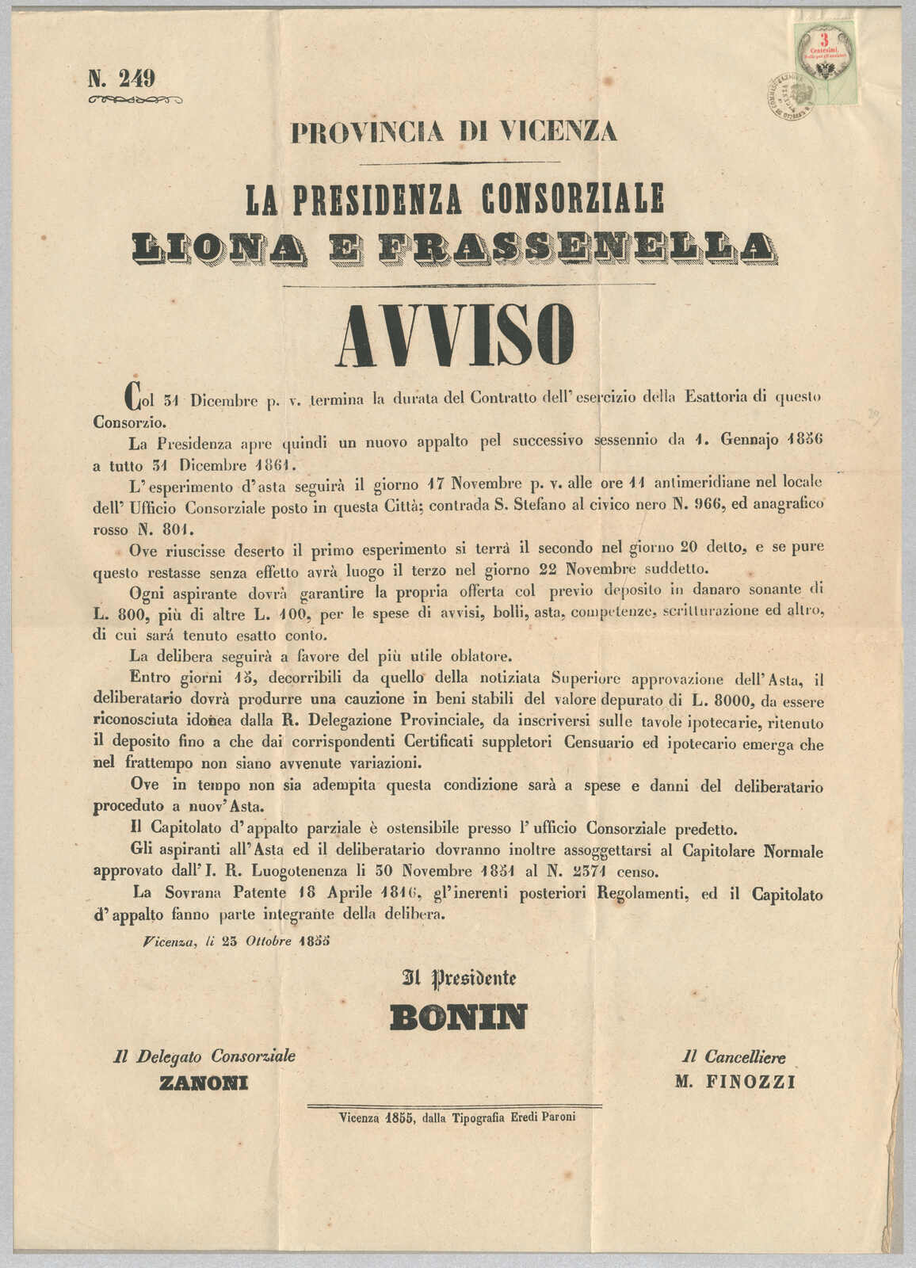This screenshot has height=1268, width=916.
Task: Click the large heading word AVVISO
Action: point(456,334)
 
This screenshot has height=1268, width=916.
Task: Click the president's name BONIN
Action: point(457,1017)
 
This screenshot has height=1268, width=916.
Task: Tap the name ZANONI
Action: point(204,1083)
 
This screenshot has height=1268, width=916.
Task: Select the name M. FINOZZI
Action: point(735,1083)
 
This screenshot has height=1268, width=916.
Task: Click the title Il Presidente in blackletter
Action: point(460,978)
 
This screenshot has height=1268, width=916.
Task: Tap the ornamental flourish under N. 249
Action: point(135,100)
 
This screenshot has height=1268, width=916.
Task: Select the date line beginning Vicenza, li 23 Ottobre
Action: point(236,942)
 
